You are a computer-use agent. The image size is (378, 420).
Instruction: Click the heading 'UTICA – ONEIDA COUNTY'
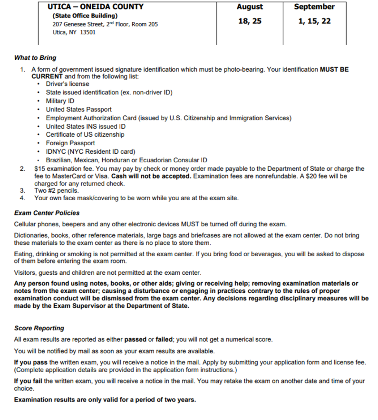[96, 7]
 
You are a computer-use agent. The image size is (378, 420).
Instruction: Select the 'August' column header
[250, 7]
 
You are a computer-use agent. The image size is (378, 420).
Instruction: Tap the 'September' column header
[314, 7]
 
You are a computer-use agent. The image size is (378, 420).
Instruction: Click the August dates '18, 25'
[250, 21]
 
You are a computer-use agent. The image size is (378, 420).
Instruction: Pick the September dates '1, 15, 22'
[314, 21]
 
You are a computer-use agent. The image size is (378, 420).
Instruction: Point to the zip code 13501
[87, 32]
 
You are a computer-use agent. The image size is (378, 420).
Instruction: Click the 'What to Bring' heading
[35, 58]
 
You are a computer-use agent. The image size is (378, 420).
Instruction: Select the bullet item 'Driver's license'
[68, 84]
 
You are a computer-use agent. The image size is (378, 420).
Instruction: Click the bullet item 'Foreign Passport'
[70, 143]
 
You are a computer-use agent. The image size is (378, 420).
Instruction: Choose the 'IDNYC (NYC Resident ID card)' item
[91, 151]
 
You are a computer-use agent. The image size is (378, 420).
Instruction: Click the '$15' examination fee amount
[40, 168]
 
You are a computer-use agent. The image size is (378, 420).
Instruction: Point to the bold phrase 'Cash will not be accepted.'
[151, 176]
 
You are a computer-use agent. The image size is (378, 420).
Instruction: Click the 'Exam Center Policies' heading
[47, 213]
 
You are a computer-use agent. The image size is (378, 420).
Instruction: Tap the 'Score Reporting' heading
[39, 328]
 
